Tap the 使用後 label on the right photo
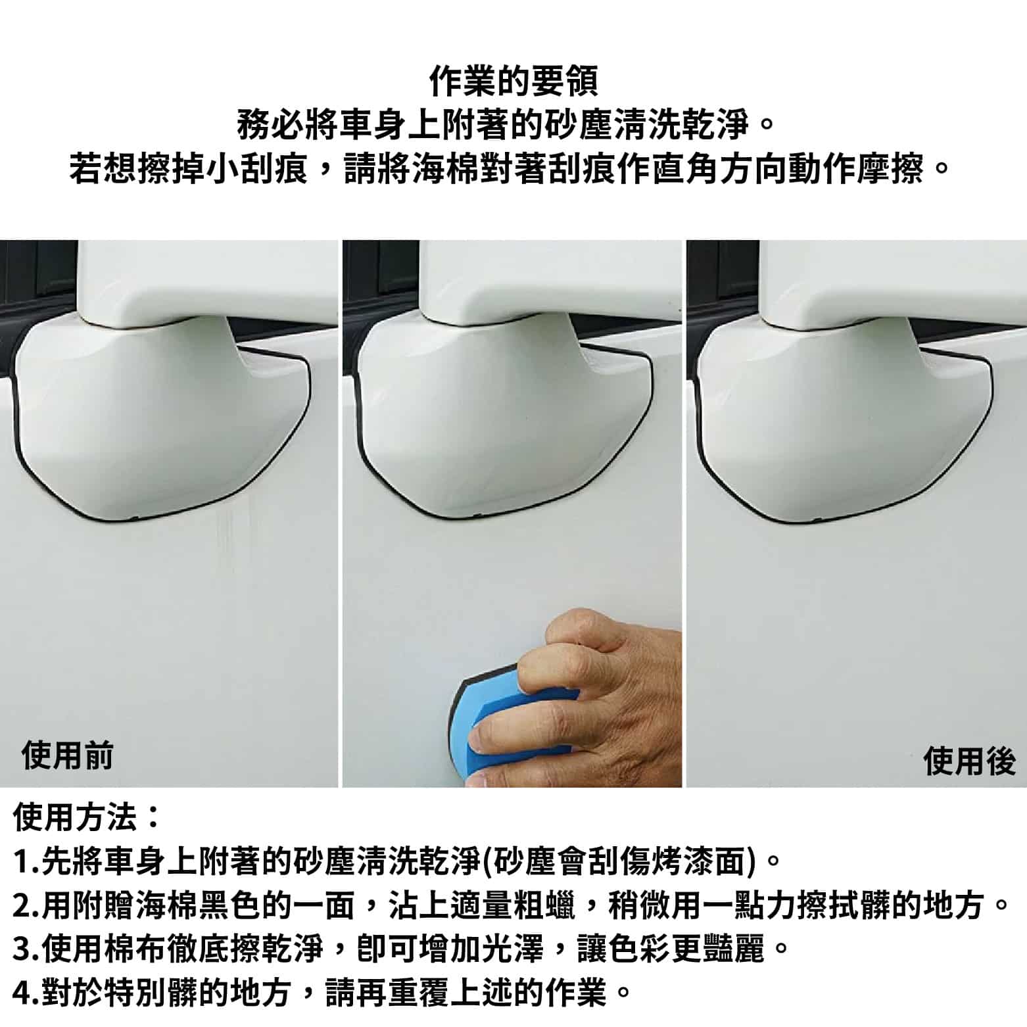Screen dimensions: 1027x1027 click(x=970, y=761)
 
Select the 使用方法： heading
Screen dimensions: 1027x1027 click(x=85, y=817)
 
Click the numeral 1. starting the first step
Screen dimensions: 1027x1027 click(x=26, y=862)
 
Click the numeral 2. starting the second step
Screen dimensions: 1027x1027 click(x=26, y=906)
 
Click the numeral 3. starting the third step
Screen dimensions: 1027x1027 click(x=26, y=950)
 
